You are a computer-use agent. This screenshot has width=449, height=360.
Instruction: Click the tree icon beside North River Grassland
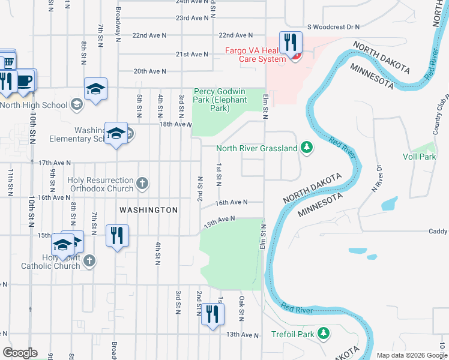(x=307, y=148)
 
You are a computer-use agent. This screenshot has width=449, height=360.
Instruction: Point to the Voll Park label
(x=419, y=157)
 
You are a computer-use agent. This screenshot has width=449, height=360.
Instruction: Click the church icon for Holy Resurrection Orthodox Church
(x=142, y=184)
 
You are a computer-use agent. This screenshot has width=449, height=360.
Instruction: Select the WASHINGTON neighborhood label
(x=148, y=210)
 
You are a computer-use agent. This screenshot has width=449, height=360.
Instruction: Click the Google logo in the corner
(x=20, y=352)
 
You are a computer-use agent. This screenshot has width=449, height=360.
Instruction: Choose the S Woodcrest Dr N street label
(x=333, y=27)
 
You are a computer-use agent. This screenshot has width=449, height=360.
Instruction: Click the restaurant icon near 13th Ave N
(x=212, y=314)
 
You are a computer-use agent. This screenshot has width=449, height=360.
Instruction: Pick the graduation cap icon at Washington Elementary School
(x=116, y=133)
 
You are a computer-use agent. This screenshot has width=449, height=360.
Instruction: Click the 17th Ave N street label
(x=54, y=163)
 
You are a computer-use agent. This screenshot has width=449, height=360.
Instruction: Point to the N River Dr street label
(x=376, y=179)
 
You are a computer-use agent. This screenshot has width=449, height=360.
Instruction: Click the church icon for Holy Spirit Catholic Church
(x=89, y=260)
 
